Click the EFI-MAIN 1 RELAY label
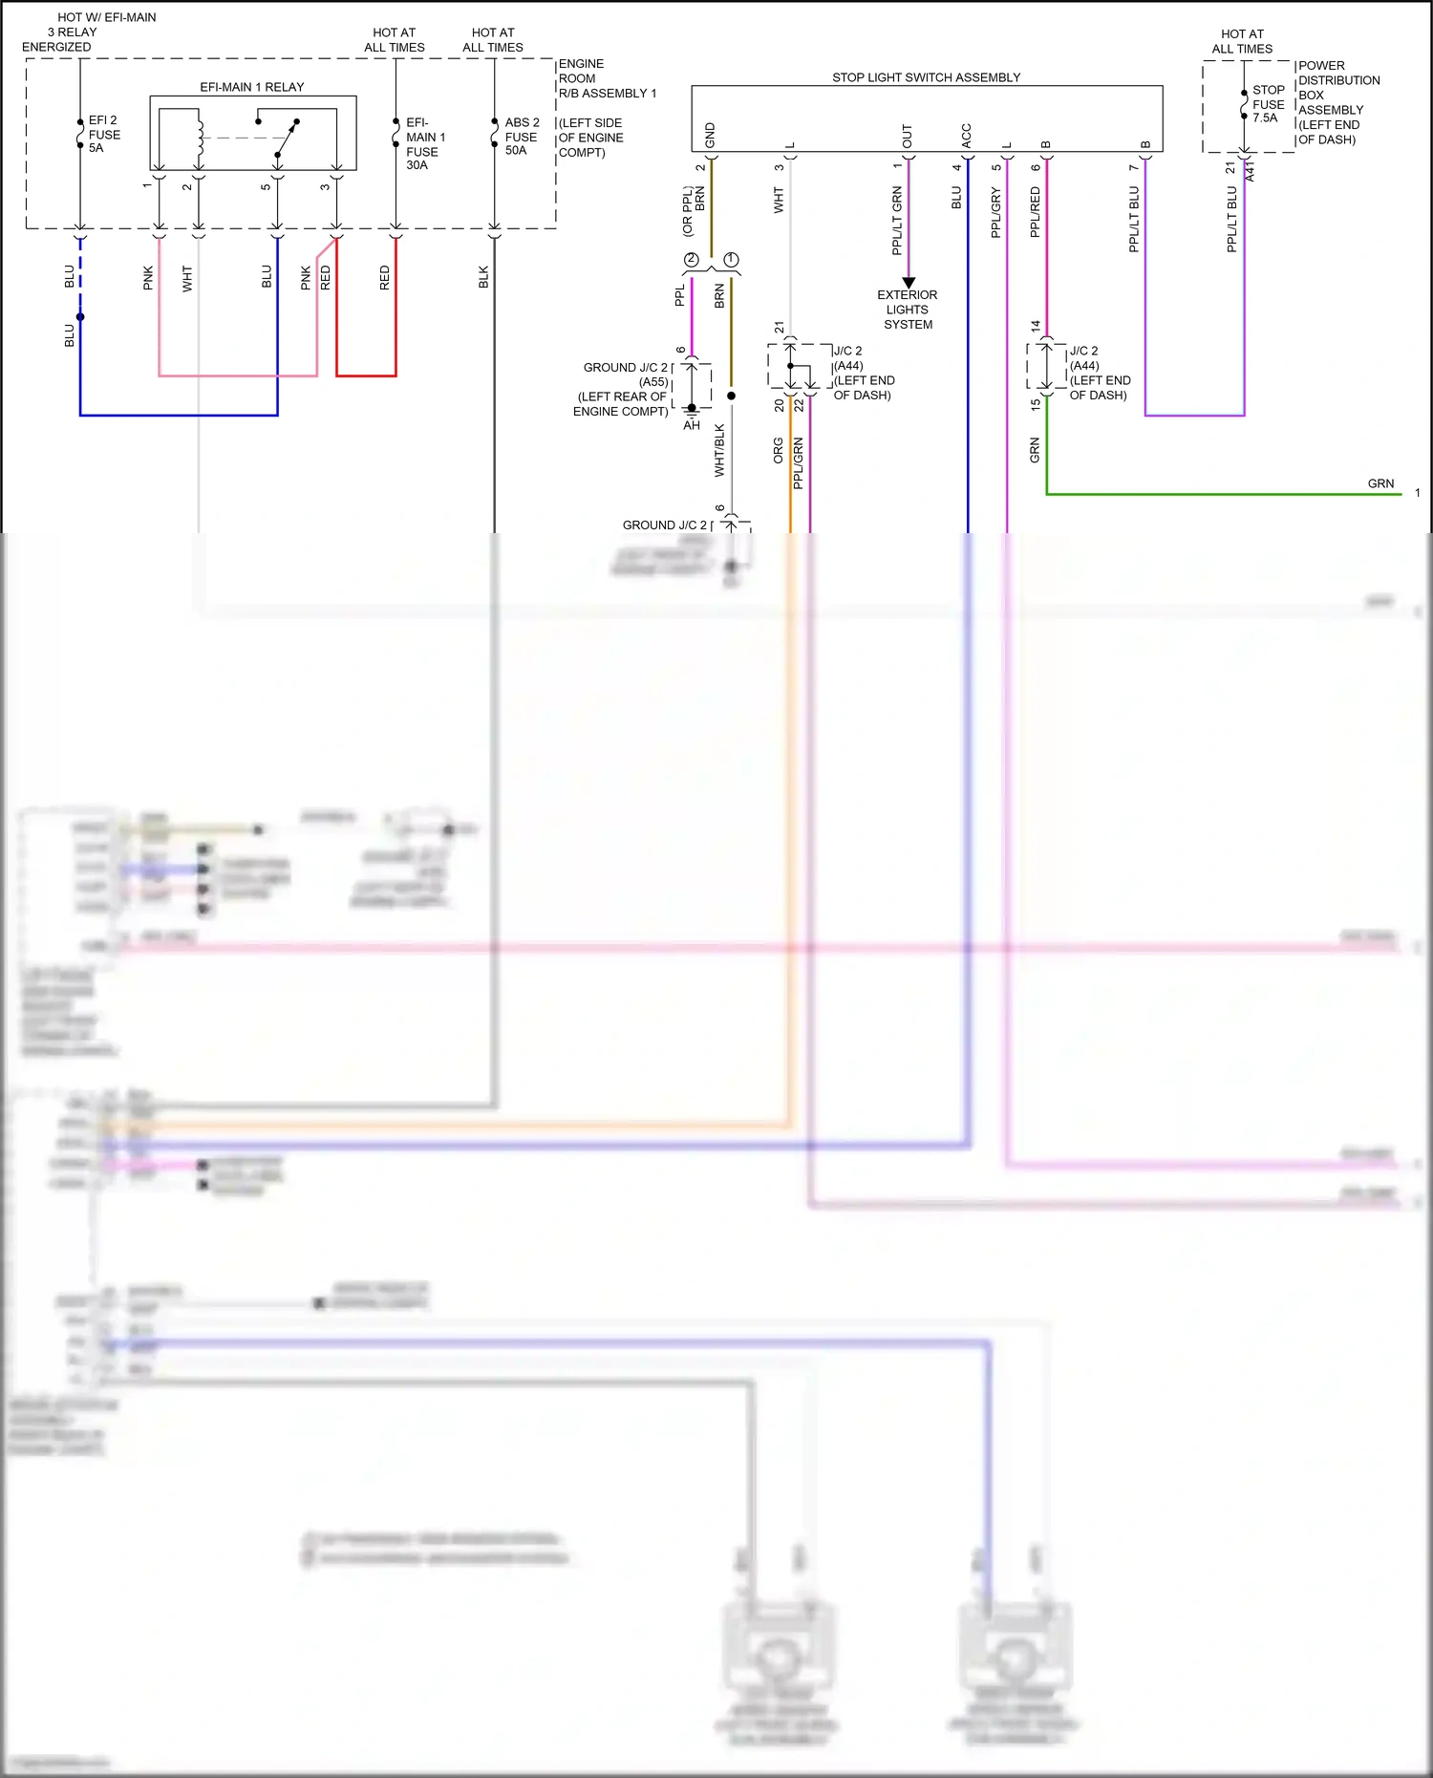pyautogui.click(x=251, y=87)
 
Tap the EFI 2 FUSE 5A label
pyautogui.click(x=104, y=135)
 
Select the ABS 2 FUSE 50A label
pyautogui.click(x=522, y=137)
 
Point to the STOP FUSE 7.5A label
pyautogui.click(x=1268, y=104)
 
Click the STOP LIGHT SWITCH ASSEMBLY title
pyautogui.click(x=926, y=77)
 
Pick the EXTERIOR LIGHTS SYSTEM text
pyautogui.click(x=908, y=310)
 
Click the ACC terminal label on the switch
pyautogui.click(x=967, y=135)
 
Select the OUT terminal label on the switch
pyautogui.click(x=908, y=137)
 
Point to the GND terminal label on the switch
pyautogui.click(x=711, y=135)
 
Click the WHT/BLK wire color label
pyautogui.click(x=720, y=451)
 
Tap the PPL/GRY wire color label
pyautogui.click(x=996, y=213)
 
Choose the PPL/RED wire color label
pyautogui.click(x=1036, y=212)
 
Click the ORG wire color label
pyautogui.click(x=779, y=451)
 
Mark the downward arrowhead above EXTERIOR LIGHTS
pyautogui.click(x=909, y=282)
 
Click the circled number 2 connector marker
pyautogui.click(x=692, y=260)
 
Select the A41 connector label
pyautogui.click(x=1251, y=171)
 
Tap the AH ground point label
pyautogui.click(x=692, y=425)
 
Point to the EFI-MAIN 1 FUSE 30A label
pyautogui.click(x=425, y=144)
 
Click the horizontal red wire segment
pyautogui.click(x=366, y=375)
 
